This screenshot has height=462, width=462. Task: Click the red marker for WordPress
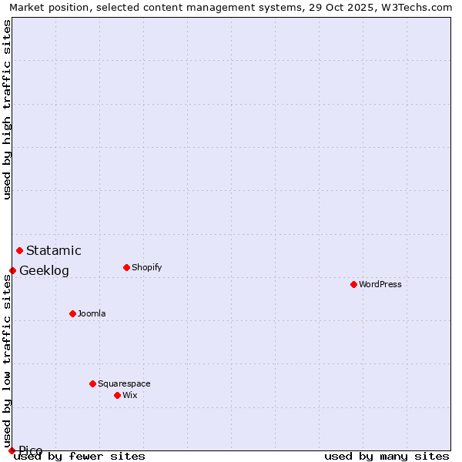(x=353, y=284)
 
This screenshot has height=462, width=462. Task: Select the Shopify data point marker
(x=126, y=267)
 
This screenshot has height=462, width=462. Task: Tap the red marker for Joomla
(x=72, y=313)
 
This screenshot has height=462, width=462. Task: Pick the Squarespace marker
(x=92, y=383)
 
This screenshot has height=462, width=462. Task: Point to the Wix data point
(x=117, y=395)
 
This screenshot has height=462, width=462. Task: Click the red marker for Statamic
(x=19, y=250)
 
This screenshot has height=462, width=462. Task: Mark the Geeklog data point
(x=12, y=270)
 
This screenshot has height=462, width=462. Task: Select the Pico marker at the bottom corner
(x=12, y=450)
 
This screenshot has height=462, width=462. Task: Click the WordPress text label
(x=380, y=284)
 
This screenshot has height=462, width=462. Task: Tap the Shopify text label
(x=147, y=267)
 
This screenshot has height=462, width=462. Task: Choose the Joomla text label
(x=92, y=313)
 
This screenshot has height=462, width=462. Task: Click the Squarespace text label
(x=124, y=383)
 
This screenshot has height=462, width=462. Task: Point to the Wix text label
(x=129, y=395)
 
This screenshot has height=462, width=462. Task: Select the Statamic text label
(x=54, y=250)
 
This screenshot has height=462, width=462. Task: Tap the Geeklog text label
(x=44, y=270)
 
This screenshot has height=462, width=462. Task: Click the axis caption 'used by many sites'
(x=387, y=456)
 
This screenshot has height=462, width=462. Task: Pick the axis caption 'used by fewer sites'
(x=79, y=456)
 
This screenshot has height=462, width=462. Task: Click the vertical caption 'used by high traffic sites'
(x=7, y=109)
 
